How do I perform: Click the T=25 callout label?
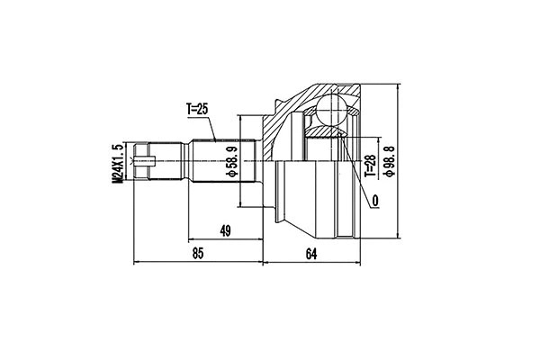197,109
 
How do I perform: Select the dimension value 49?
225,231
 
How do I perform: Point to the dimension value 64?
310,255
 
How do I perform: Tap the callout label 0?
373,201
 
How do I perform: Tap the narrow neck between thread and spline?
178,163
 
